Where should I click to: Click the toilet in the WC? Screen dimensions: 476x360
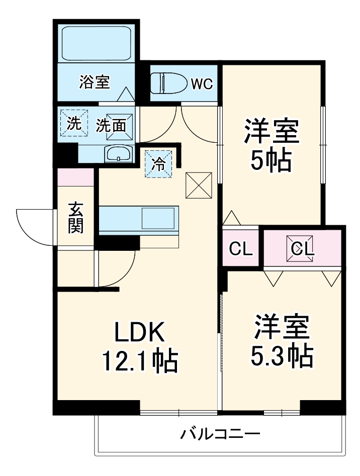tap(167, 83)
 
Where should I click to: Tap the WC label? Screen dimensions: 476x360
tap(202, 83)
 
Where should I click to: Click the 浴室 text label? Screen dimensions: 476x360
tap(95, 82)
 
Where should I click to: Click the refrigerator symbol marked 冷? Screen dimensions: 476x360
tap(158, 164)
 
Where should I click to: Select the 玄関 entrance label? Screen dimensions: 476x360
tap(76, 218)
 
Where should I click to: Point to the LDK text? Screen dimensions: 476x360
tap(139, 332)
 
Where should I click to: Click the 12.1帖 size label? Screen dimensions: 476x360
tap(139, 360)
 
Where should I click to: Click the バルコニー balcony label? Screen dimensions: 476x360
tap(221, 433)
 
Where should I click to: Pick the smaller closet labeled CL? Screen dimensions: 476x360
tap(241, 248)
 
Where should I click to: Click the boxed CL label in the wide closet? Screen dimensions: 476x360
tap(302, 248)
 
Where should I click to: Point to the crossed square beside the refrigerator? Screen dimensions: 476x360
tap(200, 185)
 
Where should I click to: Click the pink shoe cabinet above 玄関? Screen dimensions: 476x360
tap(75, 177)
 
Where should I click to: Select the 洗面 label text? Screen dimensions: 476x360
tap(111, 125)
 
